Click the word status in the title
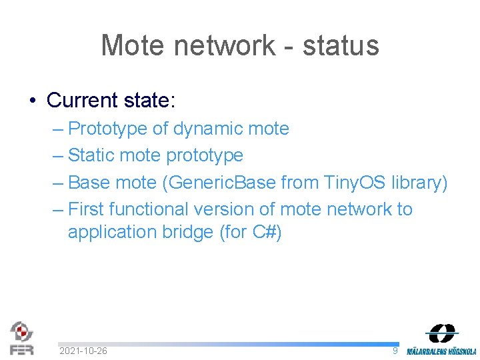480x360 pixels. point(341,45)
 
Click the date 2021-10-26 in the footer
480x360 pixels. point(83,351)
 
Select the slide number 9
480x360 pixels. point(395,350)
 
